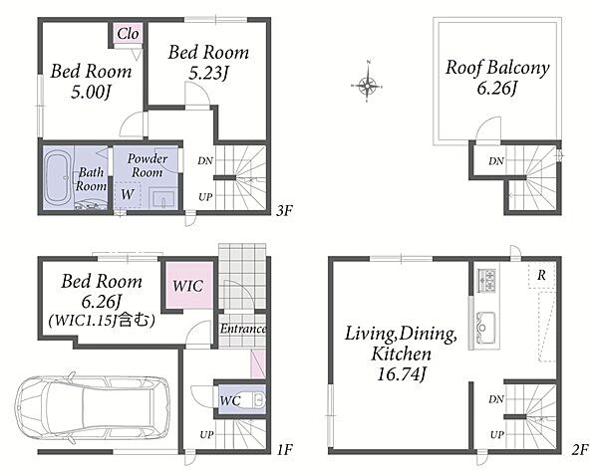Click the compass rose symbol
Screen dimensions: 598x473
[x=367, y=85]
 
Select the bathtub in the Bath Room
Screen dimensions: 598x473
[x=58, y=177]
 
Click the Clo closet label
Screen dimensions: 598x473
[x=128, y=34]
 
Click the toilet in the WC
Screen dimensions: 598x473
[x=254, y=400]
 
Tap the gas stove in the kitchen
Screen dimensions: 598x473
[x=486, y=281]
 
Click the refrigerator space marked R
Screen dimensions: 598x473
[x=541, y=275]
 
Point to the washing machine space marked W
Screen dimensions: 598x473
[x=128, y=194]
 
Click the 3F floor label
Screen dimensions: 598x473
[x=284, y=211]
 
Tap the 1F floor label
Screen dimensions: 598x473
[x=284, y=450]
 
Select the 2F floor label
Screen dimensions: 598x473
[x=580, y=450]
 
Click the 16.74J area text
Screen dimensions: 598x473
[x=401, y=373]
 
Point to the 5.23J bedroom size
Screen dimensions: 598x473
[x=208, y=73]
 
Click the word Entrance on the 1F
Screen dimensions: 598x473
[x=243, y=329]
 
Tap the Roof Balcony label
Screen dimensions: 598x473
[x=497, y=68]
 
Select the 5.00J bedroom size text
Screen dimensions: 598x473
[x=91, y=92]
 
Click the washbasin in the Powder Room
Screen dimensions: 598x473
[x=163, y=198]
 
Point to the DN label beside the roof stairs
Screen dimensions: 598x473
[x=496, y=161]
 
